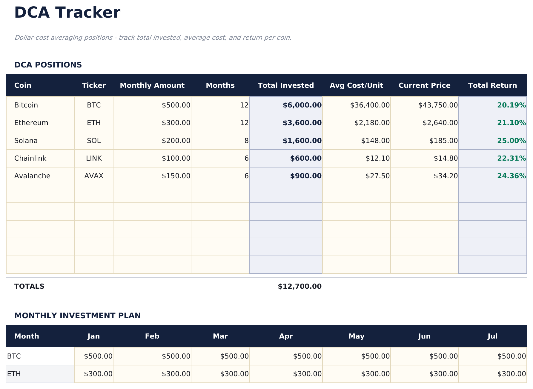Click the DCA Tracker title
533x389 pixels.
[x=67, y=13]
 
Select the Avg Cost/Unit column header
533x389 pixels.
[x=356, y=85]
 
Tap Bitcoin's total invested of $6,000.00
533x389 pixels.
[x=302, y=105]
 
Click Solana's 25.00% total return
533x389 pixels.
[x=511, y=141]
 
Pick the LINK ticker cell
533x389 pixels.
[x=94, y=158]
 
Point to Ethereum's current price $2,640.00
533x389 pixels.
[x=440, y=123]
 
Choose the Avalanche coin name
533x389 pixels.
[x=32, y=176]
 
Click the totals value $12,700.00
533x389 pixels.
[x=299, y=286]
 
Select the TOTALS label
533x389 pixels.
[x=29, y=286]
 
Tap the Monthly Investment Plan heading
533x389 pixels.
[x=77, y=316]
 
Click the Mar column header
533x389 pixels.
[x=220, y=336]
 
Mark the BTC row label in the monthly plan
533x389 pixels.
[x=14, y=356]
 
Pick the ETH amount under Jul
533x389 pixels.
[x=511, y=374]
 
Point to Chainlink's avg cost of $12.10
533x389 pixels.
[x=377, y=158]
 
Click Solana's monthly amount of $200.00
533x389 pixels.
[x=176, y=141]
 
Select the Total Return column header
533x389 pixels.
[x=492, y=85]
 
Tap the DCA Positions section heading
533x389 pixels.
[x=48, y=65]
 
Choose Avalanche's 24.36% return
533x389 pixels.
[x=511, y=176]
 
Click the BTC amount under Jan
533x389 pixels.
[x=98, y=356]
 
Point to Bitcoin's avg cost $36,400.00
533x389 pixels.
[x=370, y=105]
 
